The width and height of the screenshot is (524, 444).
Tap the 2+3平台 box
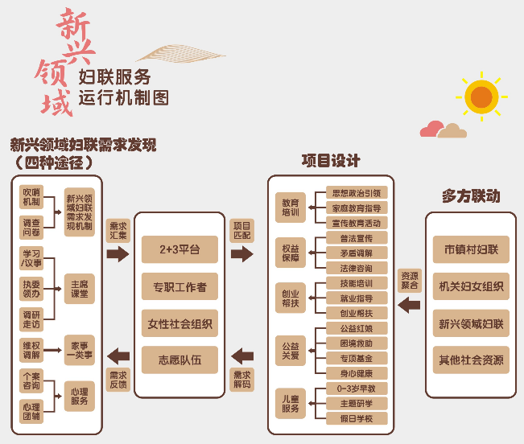tap(179, 249)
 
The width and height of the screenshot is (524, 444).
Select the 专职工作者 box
tap(179, 286)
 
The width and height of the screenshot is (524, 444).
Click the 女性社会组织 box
tap(179, 323)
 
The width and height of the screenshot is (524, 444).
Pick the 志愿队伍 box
tap(179, 360)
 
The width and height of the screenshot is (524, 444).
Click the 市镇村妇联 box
tap(471, 249)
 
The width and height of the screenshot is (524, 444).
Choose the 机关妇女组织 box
tap(471, 286)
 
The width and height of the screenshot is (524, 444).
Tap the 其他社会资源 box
tap(471, 360)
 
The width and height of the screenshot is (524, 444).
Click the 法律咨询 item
tap(357, 267)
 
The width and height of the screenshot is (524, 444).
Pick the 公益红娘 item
tap(357, 327)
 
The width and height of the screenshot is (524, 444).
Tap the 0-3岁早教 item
tap(357, 388)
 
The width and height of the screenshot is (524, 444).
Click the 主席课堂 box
tap(79, 288)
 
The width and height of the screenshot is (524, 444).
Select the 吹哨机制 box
tap(31, 198)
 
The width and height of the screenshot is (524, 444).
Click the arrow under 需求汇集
tap(118, 254)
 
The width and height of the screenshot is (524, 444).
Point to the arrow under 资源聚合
tap(410, 305)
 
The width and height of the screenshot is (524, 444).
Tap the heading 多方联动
tap(471, 195)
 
